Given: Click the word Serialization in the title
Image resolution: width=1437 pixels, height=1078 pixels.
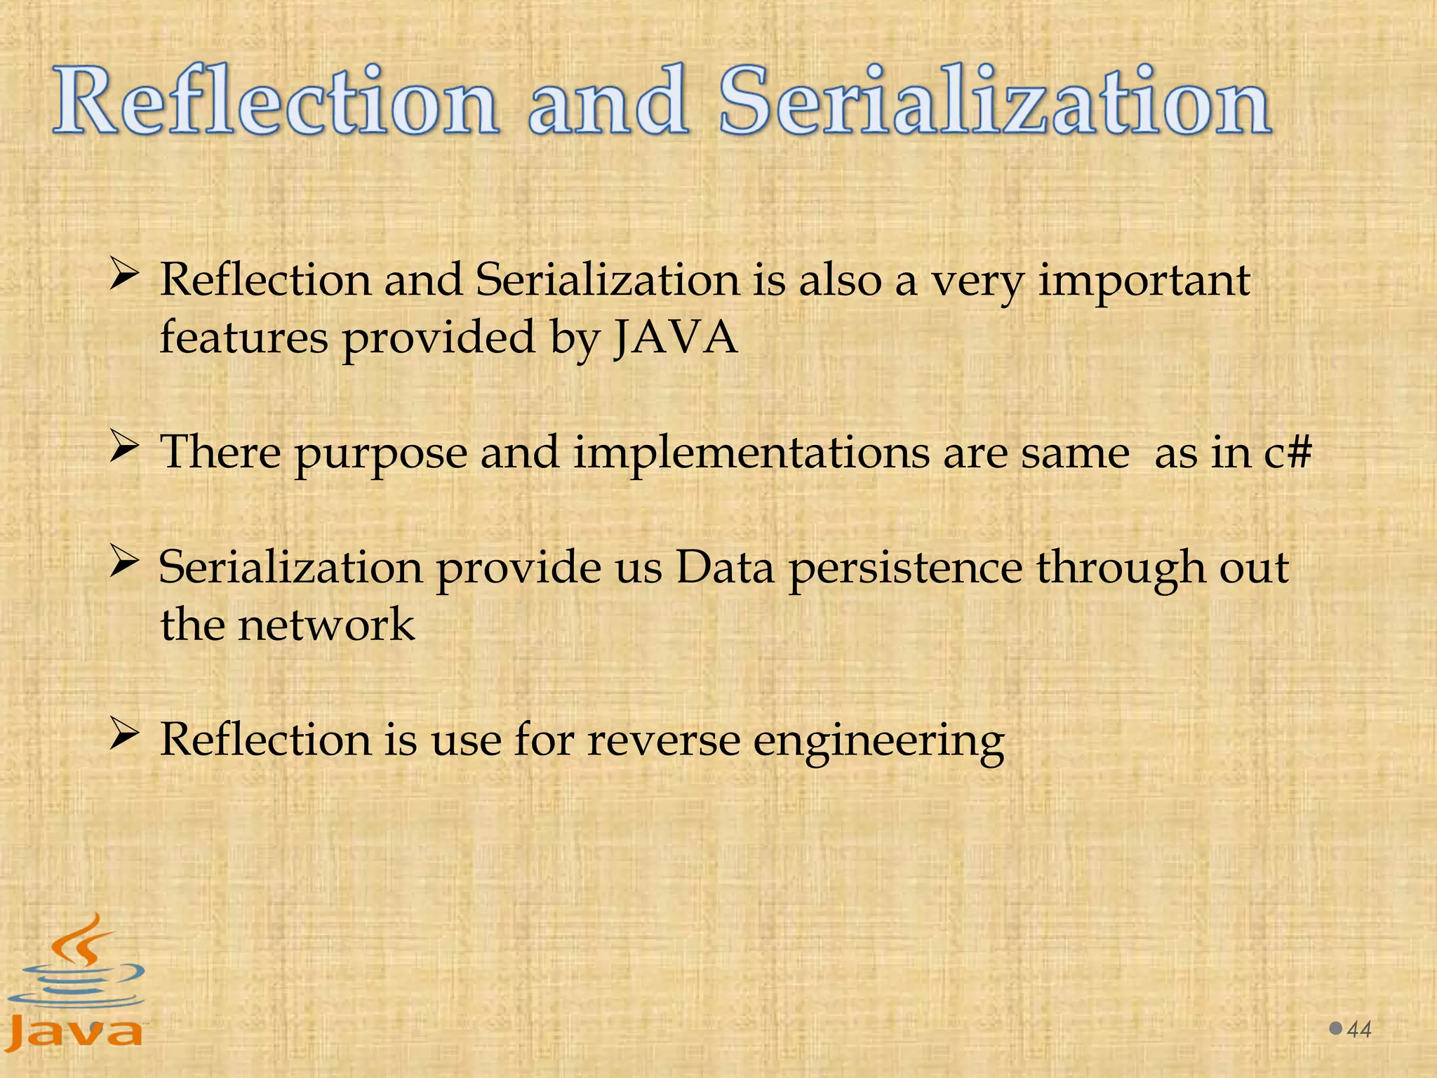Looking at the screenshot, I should [995, 102].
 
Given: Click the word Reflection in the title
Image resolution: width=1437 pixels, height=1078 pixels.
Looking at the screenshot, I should [276, 102].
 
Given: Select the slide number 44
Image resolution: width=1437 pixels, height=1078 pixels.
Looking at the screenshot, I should [1360, 1030].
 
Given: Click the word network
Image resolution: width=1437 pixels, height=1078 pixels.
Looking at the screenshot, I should [326, 625].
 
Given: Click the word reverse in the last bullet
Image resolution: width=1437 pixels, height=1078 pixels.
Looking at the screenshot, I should [663, 740].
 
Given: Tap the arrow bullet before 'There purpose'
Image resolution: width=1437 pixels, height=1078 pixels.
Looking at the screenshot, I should [123, 448].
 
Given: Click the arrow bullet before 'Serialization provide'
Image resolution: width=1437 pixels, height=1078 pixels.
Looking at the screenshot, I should [123, 562].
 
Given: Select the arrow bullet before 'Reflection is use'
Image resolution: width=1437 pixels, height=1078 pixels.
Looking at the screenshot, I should [123, 735].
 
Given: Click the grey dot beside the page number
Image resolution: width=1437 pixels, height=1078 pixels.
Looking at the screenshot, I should [1336, 1029].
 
